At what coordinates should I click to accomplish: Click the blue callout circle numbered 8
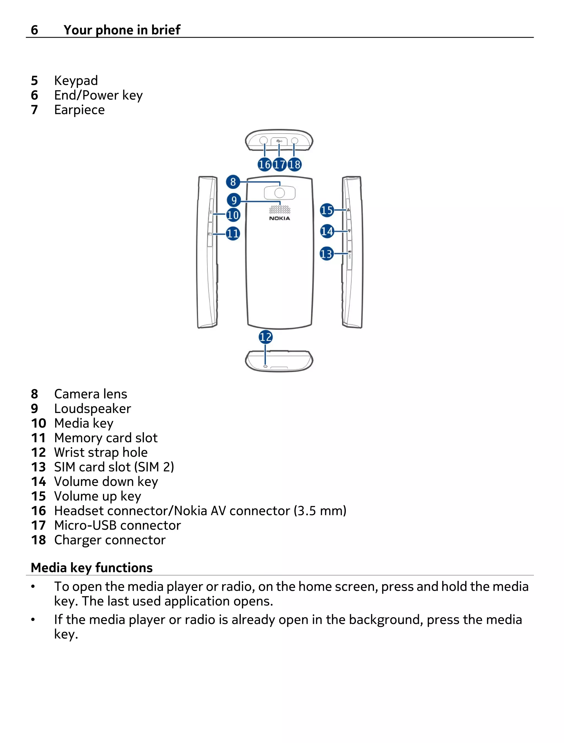click(233, 182)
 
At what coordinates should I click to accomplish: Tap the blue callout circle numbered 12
click(265, 337)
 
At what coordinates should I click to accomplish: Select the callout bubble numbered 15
click(327, 210)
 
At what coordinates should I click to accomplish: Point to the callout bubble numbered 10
click(233, 215)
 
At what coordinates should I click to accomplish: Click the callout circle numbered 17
click(279, 165)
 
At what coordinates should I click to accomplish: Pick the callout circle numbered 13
click(326, 254)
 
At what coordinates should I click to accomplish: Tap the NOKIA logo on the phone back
click(279, 218)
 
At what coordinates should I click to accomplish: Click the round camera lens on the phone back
click(280, 193)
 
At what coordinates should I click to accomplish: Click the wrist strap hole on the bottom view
click(265, 366)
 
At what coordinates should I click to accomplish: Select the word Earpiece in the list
click(79, 110)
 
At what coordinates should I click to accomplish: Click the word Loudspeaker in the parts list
click(93, 409)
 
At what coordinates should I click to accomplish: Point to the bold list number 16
click(38, 511)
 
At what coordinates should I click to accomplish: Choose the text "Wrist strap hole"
click(101, 453)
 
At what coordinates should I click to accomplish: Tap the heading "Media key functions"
click(92, 568)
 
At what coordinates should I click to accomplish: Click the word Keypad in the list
click(76, 81)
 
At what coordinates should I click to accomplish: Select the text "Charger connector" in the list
click(110, 540)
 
